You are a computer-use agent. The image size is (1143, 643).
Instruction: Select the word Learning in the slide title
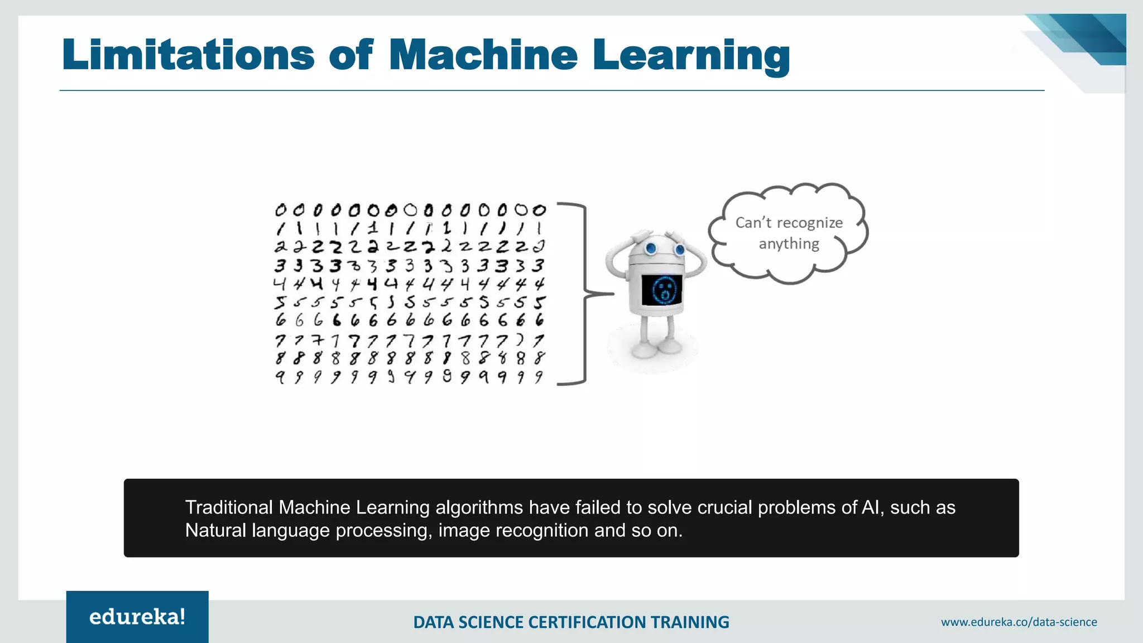[691, 56]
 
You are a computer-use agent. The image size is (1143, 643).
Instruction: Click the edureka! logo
[137, 617]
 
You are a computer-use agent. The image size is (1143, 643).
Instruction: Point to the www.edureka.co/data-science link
[1019, 622]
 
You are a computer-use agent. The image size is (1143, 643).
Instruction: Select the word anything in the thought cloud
[789, 243]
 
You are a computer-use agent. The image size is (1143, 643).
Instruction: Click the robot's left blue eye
[651, 248]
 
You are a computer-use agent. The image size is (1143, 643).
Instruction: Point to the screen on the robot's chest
[662, 289]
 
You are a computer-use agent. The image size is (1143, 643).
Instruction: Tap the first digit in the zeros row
[280, 210]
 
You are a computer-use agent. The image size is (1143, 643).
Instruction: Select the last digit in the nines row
[539, 377]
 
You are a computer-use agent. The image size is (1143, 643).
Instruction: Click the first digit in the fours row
[280, 284]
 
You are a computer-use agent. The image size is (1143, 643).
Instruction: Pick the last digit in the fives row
[539, 303]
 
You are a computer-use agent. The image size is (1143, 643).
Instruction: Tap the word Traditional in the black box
[229, 507]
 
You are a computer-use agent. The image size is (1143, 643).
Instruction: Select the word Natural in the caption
[215, 530]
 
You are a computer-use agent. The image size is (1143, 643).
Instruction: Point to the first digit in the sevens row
[280, 340]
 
